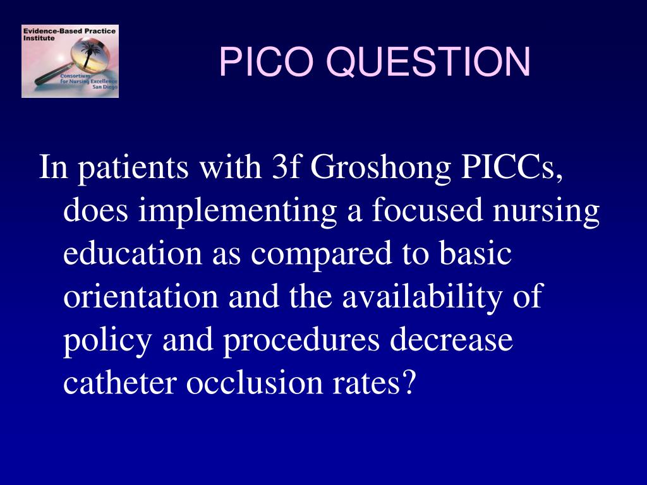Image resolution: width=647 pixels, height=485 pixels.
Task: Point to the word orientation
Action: [x=142, y=297]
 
